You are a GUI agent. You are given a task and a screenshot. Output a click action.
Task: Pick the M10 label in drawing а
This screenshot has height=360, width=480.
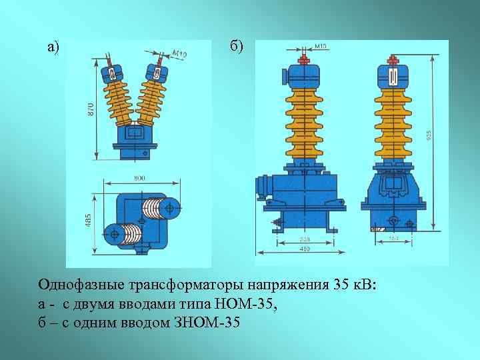pyautogui.click(x=179, y=53)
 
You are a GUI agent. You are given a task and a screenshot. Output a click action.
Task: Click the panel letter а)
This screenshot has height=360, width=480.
pyautogui.click(x=53, y=47)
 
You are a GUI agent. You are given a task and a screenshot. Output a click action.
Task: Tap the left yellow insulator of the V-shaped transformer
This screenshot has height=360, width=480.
pyautogui.click(x=117, y=97)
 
